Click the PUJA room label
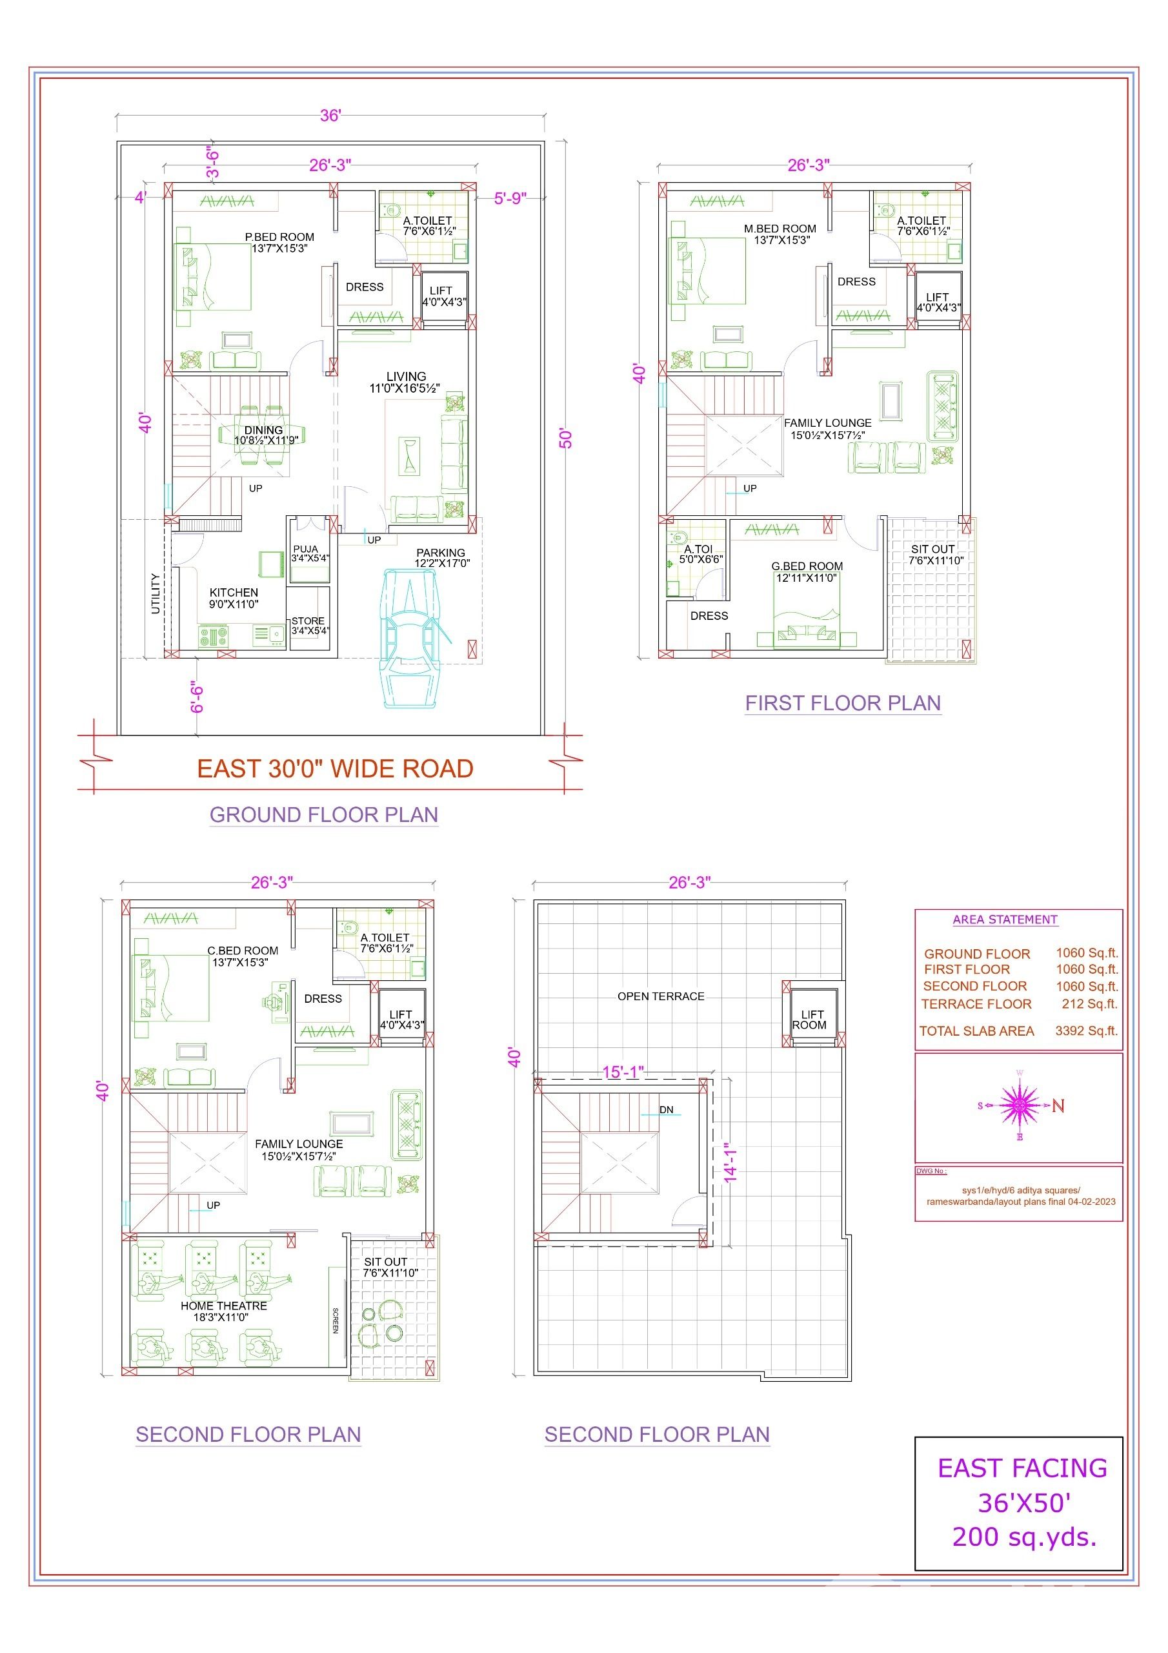(x=306, y=549)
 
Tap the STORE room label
(x=308, y=621)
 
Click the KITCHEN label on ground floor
(x=234, y=593)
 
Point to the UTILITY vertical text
(x=156, y=593)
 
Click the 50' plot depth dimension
(x=567, y=438)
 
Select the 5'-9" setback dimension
(x=510, y=198)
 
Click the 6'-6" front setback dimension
(x=197, y=697)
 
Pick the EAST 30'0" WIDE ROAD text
(x=336, y=769)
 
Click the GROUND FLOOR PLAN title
(x=324, y=814)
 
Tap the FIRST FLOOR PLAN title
(x=843, y=703)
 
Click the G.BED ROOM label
(x=807, y=566)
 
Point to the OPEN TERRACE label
(x=661, y=996)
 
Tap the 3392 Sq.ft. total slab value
(x=1087, y=1031)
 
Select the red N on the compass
(x=1058, y=1106)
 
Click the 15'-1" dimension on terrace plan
(x=623, y=1072)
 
